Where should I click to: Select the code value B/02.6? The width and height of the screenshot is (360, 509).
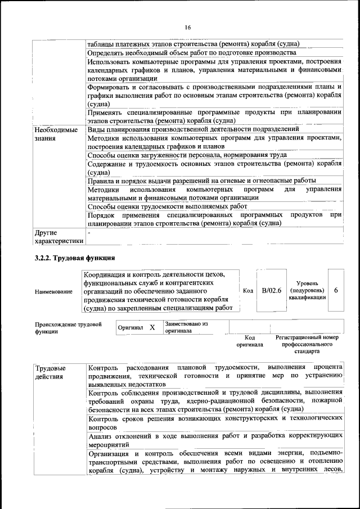[x=271, y=290]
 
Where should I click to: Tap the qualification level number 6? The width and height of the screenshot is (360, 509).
[x=336, y=290]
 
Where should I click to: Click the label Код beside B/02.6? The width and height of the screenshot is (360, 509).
[x=248, y=290]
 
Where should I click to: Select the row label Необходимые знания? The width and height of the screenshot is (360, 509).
[x=56, y=133]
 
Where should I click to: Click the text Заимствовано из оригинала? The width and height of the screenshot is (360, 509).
[x=186, y=327]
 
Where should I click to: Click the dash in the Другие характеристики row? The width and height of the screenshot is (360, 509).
[x=88, y=232]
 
